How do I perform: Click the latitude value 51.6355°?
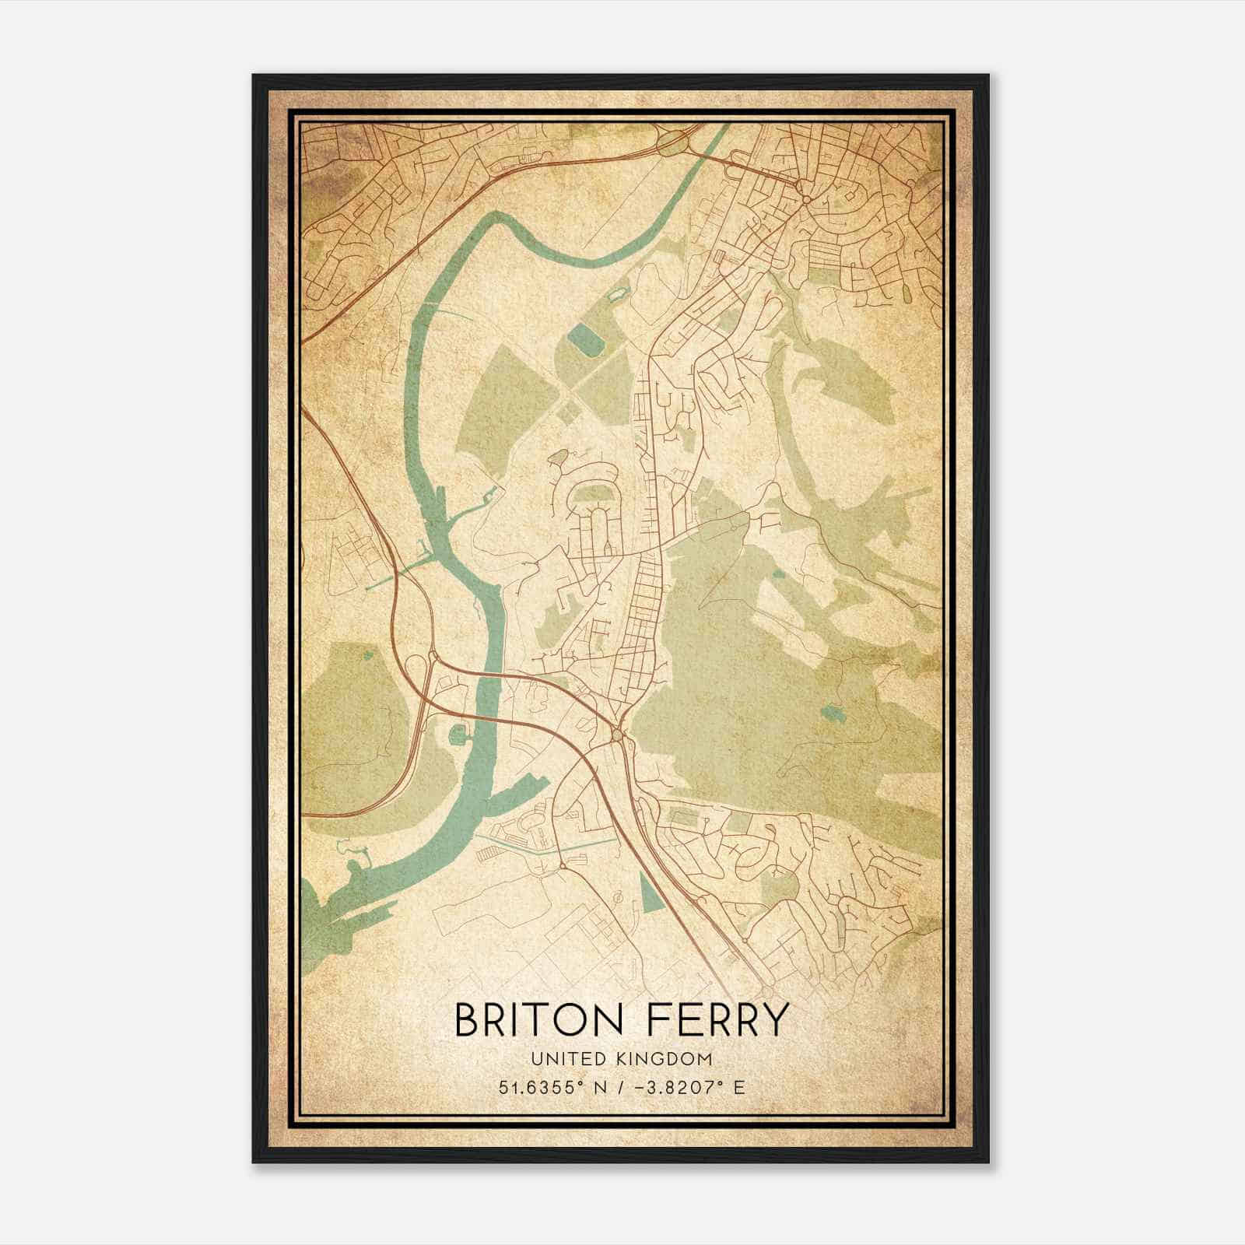click(x=543, y=1087)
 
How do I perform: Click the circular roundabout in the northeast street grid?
click(x=807, y=200)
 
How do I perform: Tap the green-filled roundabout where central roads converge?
click(x=617, y=733)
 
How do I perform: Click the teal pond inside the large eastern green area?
click(x=832, y=711)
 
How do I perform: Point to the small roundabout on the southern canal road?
click(x=562, y=866)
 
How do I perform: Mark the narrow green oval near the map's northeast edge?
click(x=907, y=292)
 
